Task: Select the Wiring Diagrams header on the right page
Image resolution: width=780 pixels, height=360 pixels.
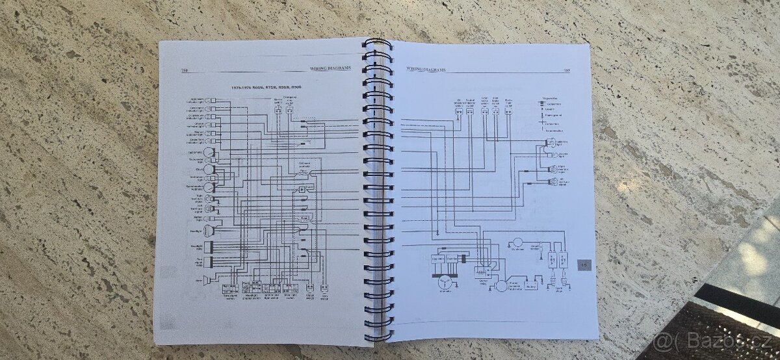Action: [426, 67]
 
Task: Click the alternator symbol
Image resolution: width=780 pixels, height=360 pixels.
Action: [445, 281]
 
